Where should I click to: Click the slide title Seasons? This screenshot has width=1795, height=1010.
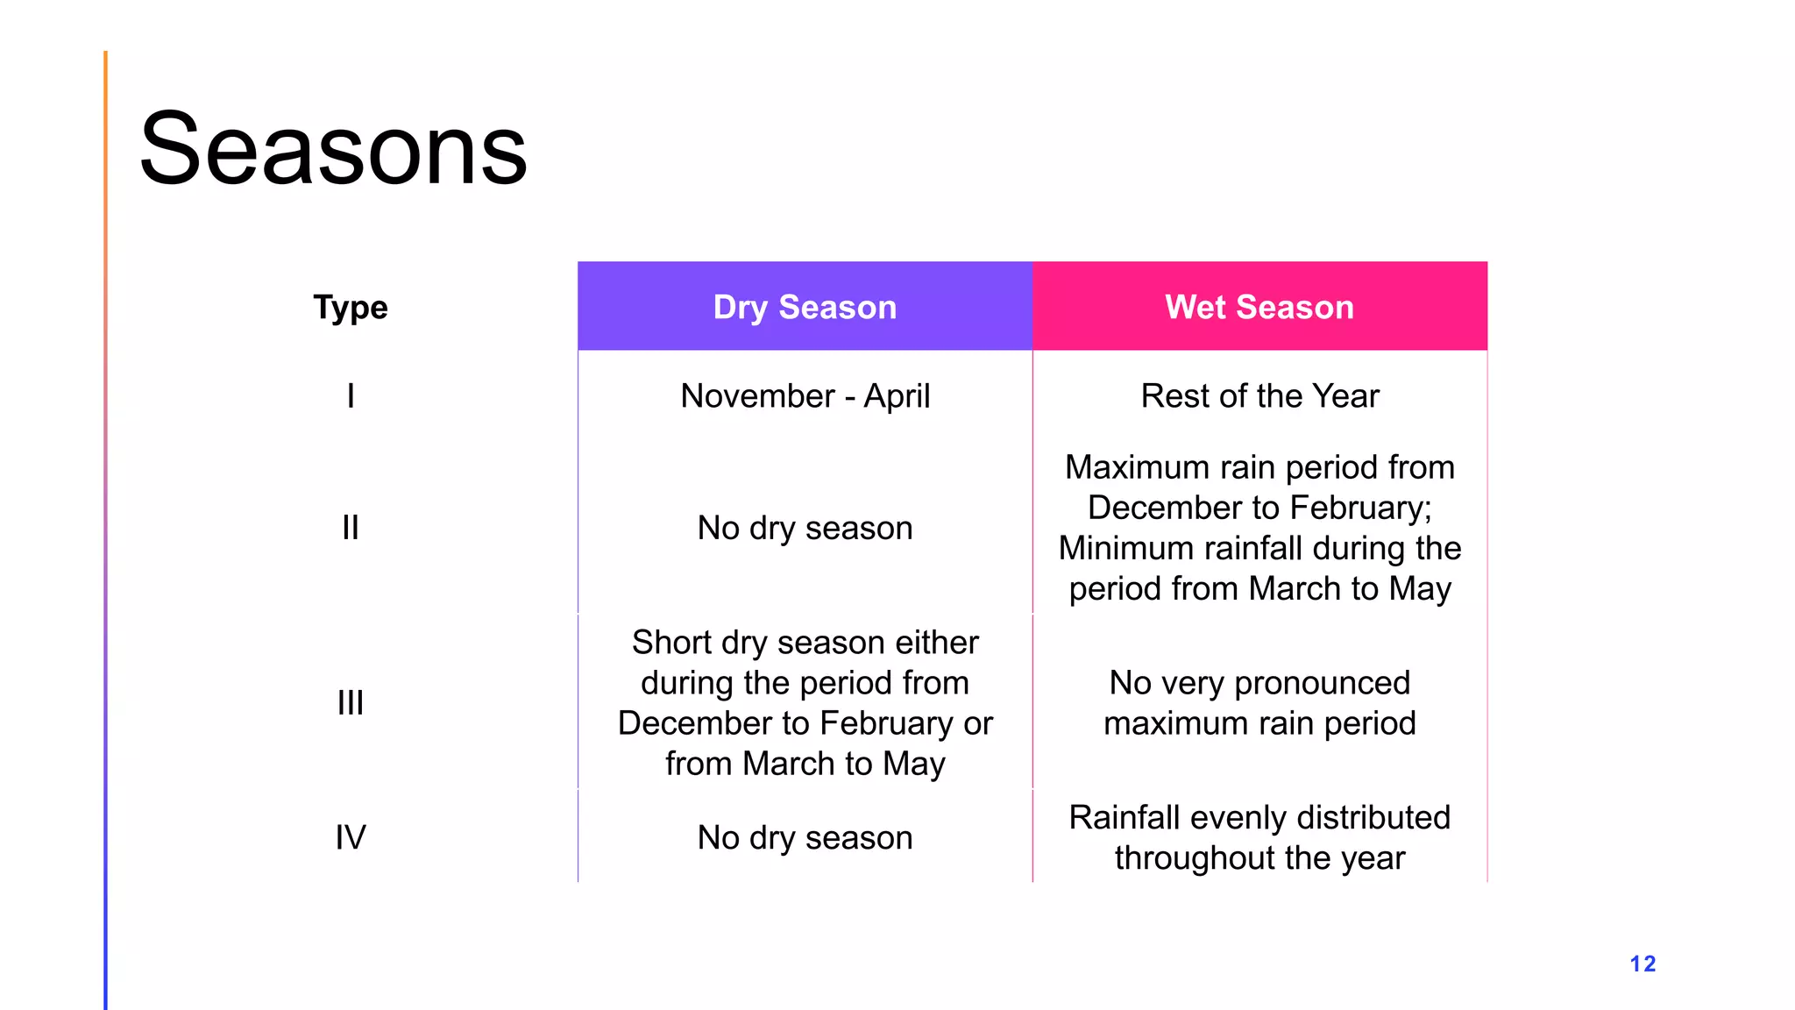[333, 149]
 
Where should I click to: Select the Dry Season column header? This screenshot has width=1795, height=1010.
[805, 307]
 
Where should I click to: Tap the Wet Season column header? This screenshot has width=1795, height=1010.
[1259, 307]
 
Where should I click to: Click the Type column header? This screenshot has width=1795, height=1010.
[351, 307]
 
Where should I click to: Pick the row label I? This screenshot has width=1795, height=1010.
[351, 396]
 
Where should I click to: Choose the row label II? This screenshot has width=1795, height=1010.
[351, 528]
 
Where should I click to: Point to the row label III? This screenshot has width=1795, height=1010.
[351, 702]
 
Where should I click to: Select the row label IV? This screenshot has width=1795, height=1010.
[351, 837]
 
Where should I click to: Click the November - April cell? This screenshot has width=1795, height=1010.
[805, 396]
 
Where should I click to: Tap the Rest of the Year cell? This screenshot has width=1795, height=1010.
[1259, 396]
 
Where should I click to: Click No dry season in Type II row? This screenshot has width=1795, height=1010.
[805, 528]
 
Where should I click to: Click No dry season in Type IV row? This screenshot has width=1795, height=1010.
[805, 837]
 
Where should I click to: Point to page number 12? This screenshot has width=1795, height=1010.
[1642, 964]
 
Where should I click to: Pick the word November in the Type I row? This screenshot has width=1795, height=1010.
[757, 396]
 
